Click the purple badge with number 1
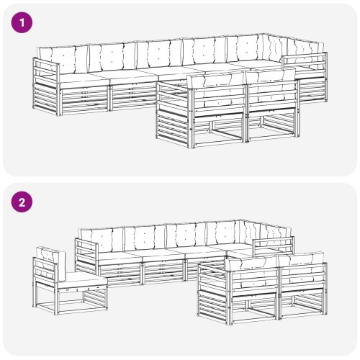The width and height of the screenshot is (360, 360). (x=22, y=22)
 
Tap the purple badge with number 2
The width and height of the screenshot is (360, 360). (x=22, y=202)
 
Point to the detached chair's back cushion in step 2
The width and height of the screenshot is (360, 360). (x=51, y=264)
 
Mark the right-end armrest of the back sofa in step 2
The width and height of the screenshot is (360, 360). (x=274, y=246)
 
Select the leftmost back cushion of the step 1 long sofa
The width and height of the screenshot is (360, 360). (x=63, y=60)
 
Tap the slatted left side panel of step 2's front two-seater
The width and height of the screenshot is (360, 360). (x=214, y=293)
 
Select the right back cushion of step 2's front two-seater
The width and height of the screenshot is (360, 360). (x=301, y=269)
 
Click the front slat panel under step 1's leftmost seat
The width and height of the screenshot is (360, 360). (x=84, y=99)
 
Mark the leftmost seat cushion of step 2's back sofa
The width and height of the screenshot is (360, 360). (x=120, y=256)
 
